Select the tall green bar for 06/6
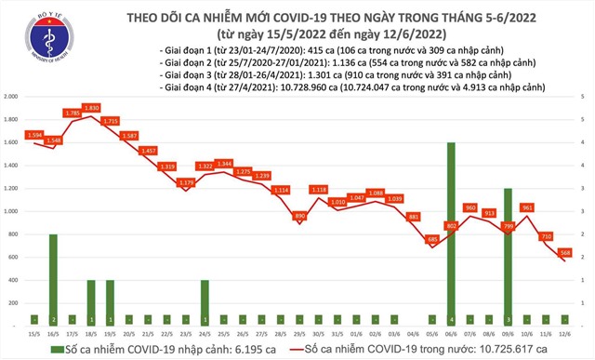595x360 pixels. coord(451,233)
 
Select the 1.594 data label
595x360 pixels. coord(33,135)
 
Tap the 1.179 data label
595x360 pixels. coord(186,182)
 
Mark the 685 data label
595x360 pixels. coord(431,239)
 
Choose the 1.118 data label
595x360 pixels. coord(318,190)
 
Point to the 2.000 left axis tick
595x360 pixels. coord(13,97)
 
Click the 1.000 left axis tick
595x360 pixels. coord(13,211)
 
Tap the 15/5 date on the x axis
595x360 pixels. coord(34,333)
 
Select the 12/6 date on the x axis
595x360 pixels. coord(564,333)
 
